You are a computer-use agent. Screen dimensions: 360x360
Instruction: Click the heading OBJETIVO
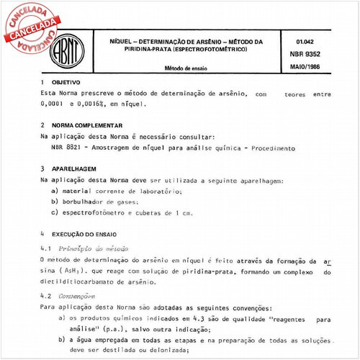click(68, 83)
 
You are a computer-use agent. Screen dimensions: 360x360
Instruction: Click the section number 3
click(44, 168)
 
